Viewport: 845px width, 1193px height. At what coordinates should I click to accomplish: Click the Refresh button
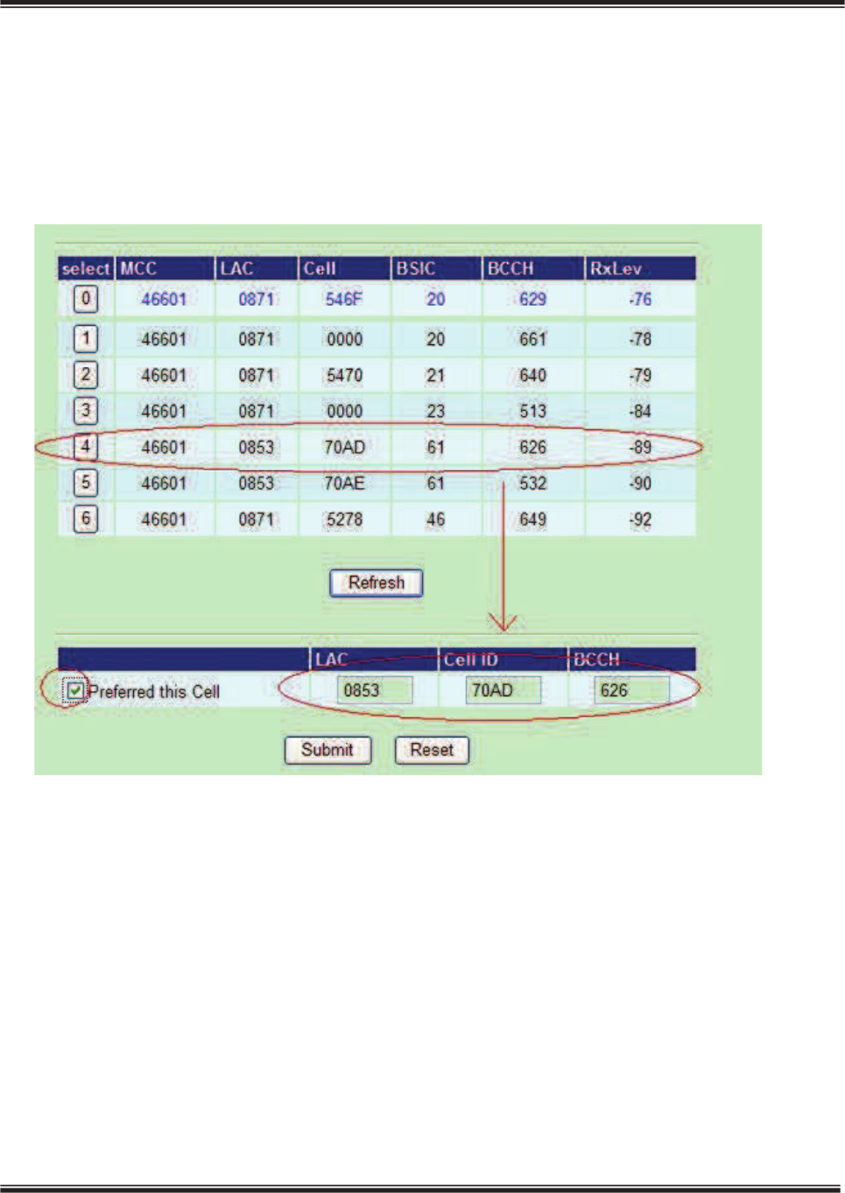click(376, 583)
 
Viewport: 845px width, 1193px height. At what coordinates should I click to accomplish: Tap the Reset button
click(432, 750)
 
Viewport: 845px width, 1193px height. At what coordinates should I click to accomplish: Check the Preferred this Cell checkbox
click(76, 691)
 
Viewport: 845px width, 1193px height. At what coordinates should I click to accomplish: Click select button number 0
click(85, 300)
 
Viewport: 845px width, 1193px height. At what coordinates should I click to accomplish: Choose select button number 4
click(85, 447)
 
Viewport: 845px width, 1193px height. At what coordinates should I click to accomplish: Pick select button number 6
click(85, 519)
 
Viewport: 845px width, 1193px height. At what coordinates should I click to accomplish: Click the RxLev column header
click(616, 269)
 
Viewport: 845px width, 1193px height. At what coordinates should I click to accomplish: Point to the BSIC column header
click(416, 269)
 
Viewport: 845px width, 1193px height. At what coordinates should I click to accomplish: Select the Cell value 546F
click(344, 300)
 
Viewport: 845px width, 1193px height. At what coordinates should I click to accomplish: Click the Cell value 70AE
click(344, 484)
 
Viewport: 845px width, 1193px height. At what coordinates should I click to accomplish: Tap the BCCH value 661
click(532, 339)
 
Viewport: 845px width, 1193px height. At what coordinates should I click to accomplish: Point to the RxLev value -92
click(640, 519)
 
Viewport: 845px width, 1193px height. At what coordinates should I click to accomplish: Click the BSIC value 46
click(435, 519)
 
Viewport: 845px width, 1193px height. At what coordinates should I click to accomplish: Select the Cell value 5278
click(344, 519)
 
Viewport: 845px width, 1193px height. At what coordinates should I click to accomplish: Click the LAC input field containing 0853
click(374, 690)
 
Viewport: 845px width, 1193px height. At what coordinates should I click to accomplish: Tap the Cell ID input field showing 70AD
click(503, 690)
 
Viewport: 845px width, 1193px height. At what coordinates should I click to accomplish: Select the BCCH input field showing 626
click(631, 690)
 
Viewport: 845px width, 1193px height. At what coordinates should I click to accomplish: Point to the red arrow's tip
click(503, 629)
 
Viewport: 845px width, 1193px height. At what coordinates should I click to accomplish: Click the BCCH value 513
click(532, 411)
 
